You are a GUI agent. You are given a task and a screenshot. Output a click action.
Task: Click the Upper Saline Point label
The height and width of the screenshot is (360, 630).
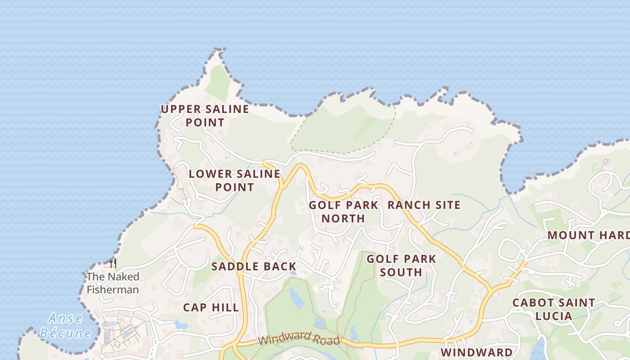205,116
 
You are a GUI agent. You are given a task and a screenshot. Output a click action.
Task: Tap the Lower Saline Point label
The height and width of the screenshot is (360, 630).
234,180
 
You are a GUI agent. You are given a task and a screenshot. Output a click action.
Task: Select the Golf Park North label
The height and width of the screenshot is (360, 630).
343,212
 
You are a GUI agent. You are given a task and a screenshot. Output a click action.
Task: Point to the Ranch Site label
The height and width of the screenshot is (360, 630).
424,205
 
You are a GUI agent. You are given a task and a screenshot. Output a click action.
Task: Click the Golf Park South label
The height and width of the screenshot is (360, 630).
401,265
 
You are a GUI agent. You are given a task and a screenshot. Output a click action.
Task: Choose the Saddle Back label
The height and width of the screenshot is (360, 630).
254,266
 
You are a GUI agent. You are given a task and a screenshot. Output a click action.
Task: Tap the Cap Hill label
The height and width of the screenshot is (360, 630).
211,308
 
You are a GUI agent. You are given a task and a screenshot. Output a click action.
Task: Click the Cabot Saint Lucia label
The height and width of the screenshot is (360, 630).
553,309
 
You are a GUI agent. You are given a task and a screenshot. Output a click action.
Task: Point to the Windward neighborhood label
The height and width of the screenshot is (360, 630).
476,352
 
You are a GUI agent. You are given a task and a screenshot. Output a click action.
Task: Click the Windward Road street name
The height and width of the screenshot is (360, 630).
299,338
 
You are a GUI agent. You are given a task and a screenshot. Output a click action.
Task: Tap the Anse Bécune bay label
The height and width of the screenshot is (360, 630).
66,326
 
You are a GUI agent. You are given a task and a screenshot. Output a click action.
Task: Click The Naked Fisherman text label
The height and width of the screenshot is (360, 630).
112,283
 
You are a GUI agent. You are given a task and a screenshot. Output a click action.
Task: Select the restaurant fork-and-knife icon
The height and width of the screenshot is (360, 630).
113,263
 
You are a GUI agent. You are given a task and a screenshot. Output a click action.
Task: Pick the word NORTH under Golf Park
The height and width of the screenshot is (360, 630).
343,219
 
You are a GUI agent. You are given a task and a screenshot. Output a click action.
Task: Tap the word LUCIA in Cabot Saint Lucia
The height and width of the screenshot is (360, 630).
553,316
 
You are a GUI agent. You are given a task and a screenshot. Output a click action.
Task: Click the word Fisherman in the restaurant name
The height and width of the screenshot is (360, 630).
112,289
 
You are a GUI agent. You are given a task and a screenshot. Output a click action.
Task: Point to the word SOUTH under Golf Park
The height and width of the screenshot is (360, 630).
401,272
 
